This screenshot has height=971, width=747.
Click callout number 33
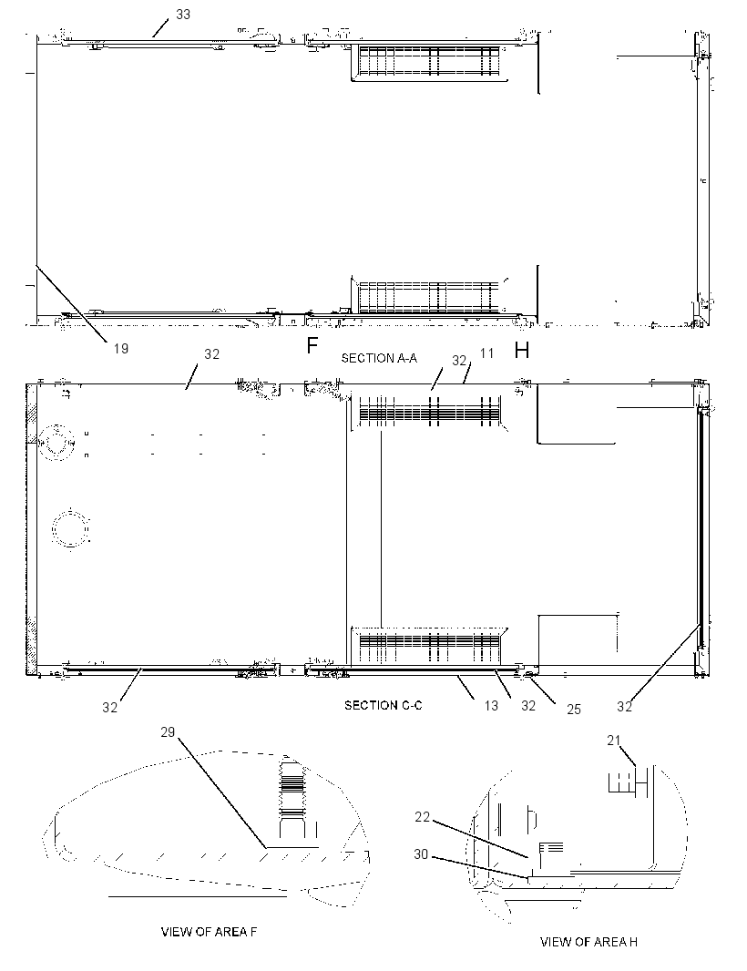pos(183,15)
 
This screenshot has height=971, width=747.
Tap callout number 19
pos(121,349)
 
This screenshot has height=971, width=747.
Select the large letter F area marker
pos(312,345)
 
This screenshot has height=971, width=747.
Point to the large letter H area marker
pos(522,351)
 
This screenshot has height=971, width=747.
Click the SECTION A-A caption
pos(379,358)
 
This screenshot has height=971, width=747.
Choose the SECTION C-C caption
pos(384,705)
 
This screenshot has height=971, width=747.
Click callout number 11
pos(486,353)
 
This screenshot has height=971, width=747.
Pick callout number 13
pos(491,706)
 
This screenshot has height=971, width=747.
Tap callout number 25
pos(574,709)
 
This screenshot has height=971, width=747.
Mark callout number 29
pos(168,732)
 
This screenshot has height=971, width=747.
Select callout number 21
pos(613,741)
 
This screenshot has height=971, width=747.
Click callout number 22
pos(422,817)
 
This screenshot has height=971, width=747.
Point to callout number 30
pos(421,854)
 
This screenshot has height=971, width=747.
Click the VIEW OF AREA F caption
pos(209,932)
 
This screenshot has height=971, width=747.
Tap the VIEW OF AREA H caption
pos(588,942)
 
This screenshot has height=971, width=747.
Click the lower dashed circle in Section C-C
pos(71,528)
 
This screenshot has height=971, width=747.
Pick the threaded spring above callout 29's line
pos(293,787)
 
